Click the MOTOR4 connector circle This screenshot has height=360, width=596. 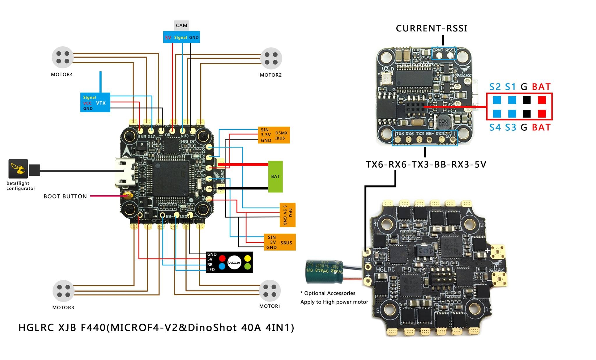tap(63, 57)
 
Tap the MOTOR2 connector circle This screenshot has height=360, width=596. tap(271, 58)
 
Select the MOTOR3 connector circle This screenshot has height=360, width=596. tap(63, 291)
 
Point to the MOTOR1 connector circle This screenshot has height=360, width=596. tap(270, 290)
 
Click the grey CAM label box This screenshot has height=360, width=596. tap(181, 25)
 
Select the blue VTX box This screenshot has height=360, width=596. tap(95, 102)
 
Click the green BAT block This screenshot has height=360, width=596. tap(275, 176)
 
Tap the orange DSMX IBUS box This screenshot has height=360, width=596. tap(274, 135)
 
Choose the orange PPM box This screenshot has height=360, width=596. tap(287, 215)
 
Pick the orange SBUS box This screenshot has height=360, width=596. tap(280, 242)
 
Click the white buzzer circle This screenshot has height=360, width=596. tap(234, 262)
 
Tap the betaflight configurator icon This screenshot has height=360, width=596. tap(18, 169)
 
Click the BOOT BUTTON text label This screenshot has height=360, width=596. tap(65, 196)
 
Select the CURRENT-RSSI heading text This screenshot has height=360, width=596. tap(431, 29)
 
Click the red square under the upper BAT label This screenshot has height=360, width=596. tap(542, 100)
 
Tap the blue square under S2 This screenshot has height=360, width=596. tap(497, 100)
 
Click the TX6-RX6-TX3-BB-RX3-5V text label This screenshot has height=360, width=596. tap(426, 165)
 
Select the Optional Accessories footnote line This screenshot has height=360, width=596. tap(328, 293)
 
